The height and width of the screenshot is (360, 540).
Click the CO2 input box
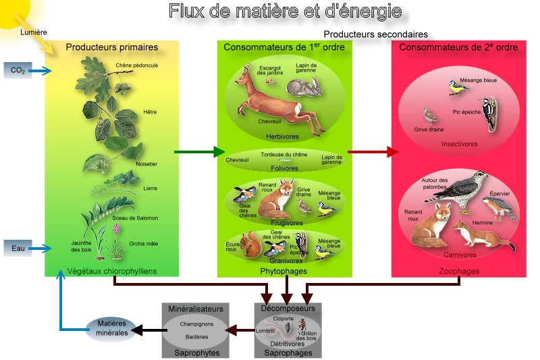point(18,70)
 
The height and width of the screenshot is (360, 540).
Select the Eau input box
point(18,249)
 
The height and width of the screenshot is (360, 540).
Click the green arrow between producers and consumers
point(199,152)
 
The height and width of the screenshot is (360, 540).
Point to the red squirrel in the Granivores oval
point(248,246)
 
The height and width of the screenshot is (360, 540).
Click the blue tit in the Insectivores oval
point(456,86)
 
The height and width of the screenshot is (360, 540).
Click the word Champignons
point(196,324)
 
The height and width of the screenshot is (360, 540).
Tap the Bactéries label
point(196,336)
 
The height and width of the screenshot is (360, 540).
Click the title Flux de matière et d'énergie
point(285,11)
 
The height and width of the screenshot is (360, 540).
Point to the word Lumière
point(34,32)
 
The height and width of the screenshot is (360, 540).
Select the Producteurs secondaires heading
point(375,34)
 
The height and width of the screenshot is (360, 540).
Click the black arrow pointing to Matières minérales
point(148,330)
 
